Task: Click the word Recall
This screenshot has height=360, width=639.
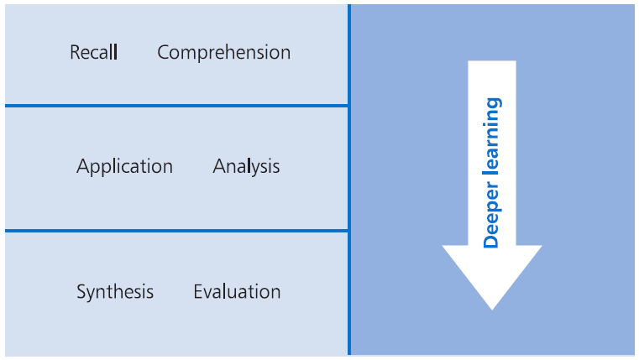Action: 94,52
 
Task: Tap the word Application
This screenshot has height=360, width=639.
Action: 125,167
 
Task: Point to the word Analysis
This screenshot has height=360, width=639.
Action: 246,167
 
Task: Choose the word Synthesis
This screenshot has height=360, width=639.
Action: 115,292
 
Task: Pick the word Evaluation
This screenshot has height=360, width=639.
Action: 237,291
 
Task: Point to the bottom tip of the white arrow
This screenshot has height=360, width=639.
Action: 492,310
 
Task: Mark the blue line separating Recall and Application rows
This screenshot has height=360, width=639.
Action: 176,106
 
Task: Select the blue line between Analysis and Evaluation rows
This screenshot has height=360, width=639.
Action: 176,231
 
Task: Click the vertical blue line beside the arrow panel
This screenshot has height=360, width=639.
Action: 349,180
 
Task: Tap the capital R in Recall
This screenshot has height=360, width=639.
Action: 75,52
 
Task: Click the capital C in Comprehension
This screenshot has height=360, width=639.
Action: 164,53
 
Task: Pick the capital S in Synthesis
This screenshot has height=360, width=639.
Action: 81,291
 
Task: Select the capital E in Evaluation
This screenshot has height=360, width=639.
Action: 198,291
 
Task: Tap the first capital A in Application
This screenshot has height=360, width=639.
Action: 83,166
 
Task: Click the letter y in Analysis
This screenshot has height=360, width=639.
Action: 255,170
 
